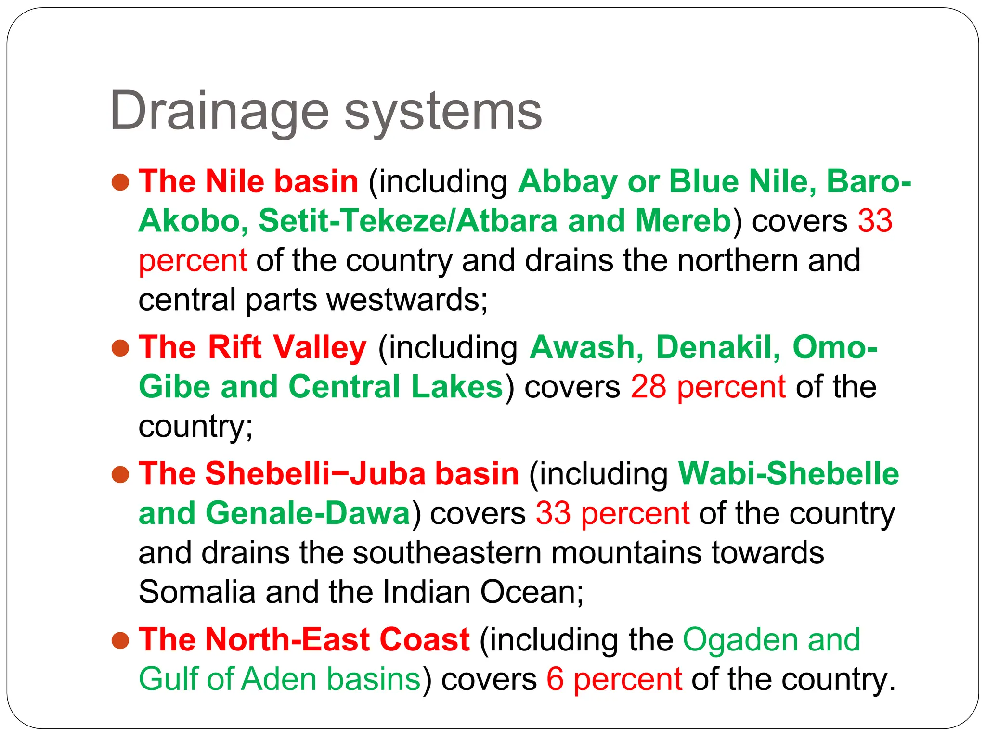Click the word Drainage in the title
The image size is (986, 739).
coord(219,112)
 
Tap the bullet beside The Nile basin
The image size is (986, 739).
coord(120,182)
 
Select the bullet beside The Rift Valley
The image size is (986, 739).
coord(120,348)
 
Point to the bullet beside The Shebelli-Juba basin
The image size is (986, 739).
coord(120,474)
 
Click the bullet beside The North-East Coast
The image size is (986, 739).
coord(120,640)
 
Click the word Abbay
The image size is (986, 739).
coord(568,183)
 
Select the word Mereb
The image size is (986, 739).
coord(683,221)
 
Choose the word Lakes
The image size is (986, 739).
coord(457,387)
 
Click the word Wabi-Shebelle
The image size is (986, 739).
coord(788,474)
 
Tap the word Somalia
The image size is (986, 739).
coord(196,592)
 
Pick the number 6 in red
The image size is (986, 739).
coord(555,679)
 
